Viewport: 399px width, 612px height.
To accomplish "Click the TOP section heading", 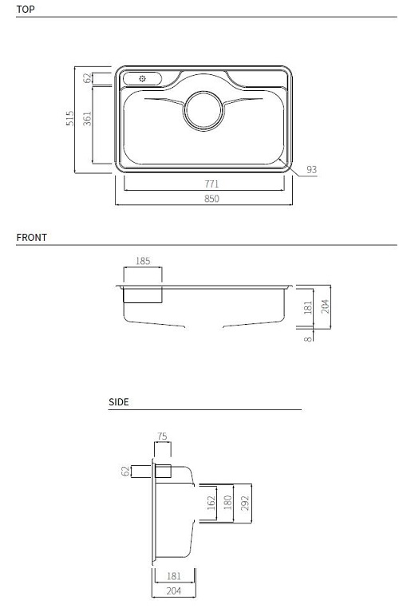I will (25, 10).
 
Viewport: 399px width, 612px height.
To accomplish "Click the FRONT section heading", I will (31, 237).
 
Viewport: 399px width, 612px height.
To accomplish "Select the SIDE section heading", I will (118, 402).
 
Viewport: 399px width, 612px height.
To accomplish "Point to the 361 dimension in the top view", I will (88, 118).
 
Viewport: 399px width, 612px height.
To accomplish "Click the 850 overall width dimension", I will (211, 199).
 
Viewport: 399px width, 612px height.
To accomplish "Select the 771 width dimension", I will (211, 184).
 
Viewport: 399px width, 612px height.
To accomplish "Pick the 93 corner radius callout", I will (311, 170).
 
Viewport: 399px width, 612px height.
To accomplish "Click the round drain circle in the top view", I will (205, 111).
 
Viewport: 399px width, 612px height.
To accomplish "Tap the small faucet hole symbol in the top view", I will (142, 78).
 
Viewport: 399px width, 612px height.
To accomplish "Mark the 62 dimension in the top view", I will (88, 77).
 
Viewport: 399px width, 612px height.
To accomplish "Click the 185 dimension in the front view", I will (143, 261).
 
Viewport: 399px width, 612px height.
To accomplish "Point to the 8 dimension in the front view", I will (309, 338).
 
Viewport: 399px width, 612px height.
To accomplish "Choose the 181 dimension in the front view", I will (309, 307).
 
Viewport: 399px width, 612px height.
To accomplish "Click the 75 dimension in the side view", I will (162, 436).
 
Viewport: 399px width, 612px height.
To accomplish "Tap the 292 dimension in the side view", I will (244, 503).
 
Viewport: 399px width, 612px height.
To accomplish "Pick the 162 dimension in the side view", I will (211, 503).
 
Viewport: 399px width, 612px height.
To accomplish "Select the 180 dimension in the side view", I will (227, 503).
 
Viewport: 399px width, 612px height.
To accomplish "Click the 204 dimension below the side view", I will (173, 591).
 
